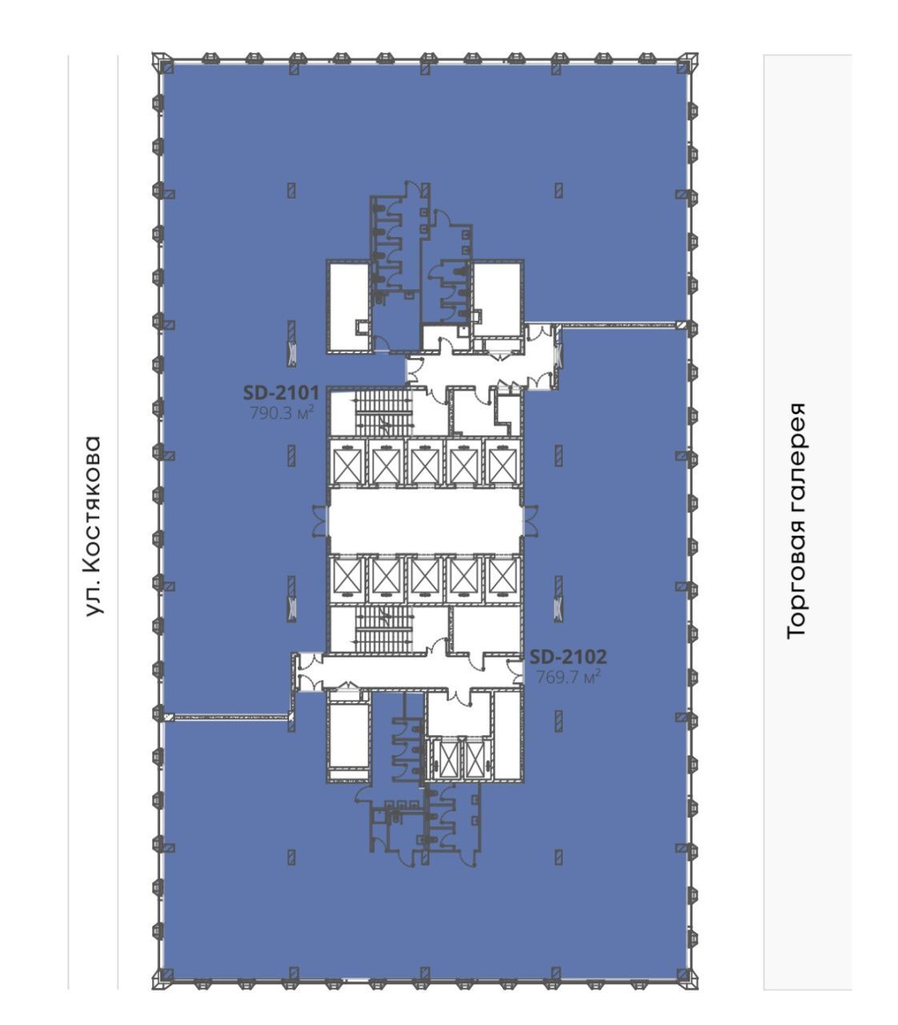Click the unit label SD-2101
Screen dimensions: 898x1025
pyautogui.click(x=281, y=392)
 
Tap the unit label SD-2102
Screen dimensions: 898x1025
pyautogui.click(x=567, y=657)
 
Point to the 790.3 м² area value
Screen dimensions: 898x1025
pyautogui.click(x=282, y=413)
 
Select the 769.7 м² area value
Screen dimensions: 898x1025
pyautogui.click(x=568, y=677)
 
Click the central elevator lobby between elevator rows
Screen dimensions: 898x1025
pyautogui.click(x=425, y=521)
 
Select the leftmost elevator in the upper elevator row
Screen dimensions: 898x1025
pyautogui.click(x=347, y=463)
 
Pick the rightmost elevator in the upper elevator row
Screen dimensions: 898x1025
pyautogui.click(x=503, y=463)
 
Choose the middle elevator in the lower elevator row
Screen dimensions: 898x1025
pyautogui.click(x=425, y=579)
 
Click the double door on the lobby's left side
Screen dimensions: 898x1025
pyautogui.click(x=320, y=521)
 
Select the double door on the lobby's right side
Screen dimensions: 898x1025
pyautogui.click(x=531, y=521)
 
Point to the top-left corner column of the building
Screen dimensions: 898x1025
pyautogui.click(x=162, y=62)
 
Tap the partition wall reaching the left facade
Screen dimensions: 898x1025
pyautogui.click(x=227, y=717)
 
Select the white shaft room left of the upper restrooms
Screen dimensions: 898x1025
pyautogui.click(x=348, y=306)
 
